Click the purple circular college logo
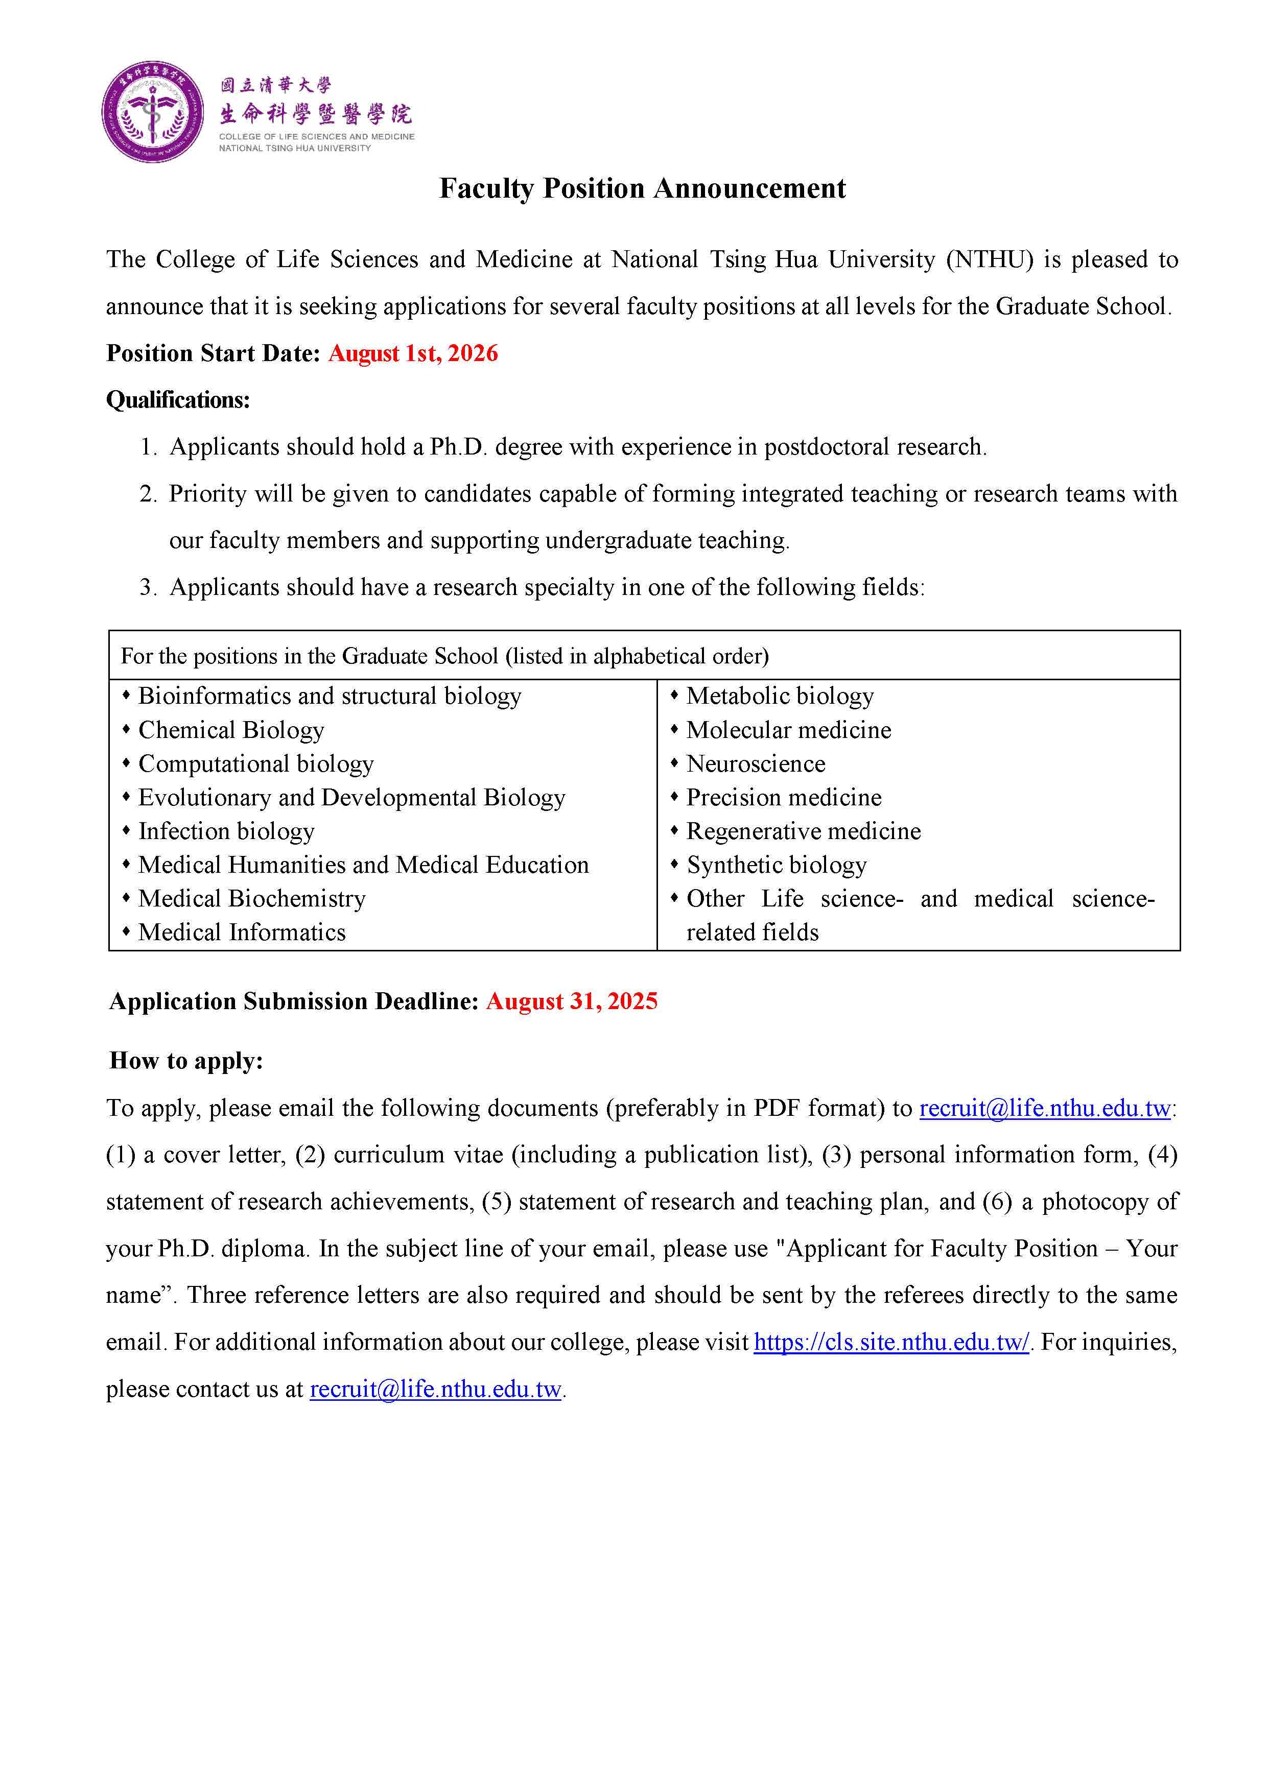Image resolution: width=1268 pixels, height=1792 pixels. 153,112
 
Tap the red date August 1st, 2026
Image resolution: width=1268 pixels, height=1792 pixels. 413,353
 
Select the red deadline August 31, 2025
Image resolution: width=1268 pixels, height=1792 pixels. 572,1001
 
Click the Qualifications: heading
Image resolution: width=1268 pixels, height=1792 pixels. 178,400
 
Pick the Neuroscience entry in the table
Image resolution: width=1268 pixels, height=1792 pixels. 755,764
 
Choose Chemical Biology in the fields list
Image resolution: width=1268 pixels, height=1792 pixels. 231,730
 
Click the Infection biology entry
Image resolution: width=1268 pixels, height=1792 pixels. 226,832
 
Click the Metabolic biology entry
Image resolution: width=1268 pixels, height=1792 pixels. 779,696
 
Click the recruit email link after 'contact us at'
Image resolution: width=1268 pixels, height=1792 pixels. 436,1389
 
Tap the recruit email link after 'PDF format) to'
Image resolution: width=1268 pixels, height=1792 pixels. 1045,1108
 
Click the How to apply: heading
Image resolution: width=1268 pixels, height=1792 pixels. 186,1061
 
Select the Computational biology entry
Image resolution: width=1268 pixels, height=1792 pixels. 255,764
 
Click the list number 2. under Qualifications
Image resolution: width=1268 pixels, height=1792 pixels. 148,494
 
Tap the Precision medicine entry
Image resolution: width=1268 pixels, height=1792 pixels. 783,798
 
